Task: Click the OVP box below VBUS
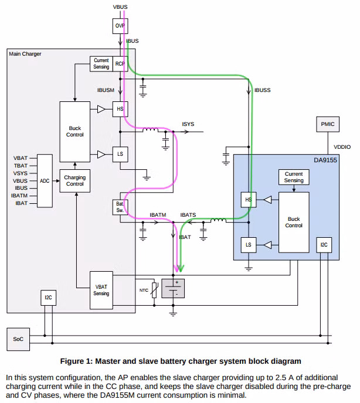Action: pyautogui.click(x=120, y=26)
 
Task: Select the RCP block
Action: pyautogui.click(x=120, y=64)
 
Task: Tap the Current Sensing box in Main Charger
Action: pyautogui.click(x=101, y=64)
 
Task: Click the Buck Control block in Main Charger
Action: pyautogui.click(x=75, y=131)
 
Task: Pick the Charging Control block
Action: pyautogui.click(x=74, y=180)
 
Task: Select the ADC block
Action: pyautogui.click(x=45, y=182)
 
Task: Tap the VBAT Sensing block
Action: pyautogui.click(x=101, y=289)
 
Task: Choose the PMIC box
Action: pyautogui.click(x=327, y=125)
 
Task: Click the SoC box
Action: pyautogui.click(x=18, y=339)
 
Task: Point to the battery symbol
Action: pyautogui.click(x=173, y=288)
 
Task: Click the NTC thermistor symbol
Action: pyautogui.click(x=154, y=290)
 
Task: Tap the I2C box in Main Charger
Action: pyautogui.click(x=49, y=298)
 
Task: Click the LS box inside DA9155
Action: pyautogui.click(x=248, y=245)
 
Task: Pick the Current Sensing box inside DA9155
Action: pyautogui.click(x=294, y=177)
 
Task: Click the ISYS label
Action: pyautogui.click(x=188, y=124)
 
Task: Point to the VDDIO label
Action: pyautogui.click(x=342, y=147)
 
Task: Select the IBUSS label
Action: pyautogui.click(x=262, y=91)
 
